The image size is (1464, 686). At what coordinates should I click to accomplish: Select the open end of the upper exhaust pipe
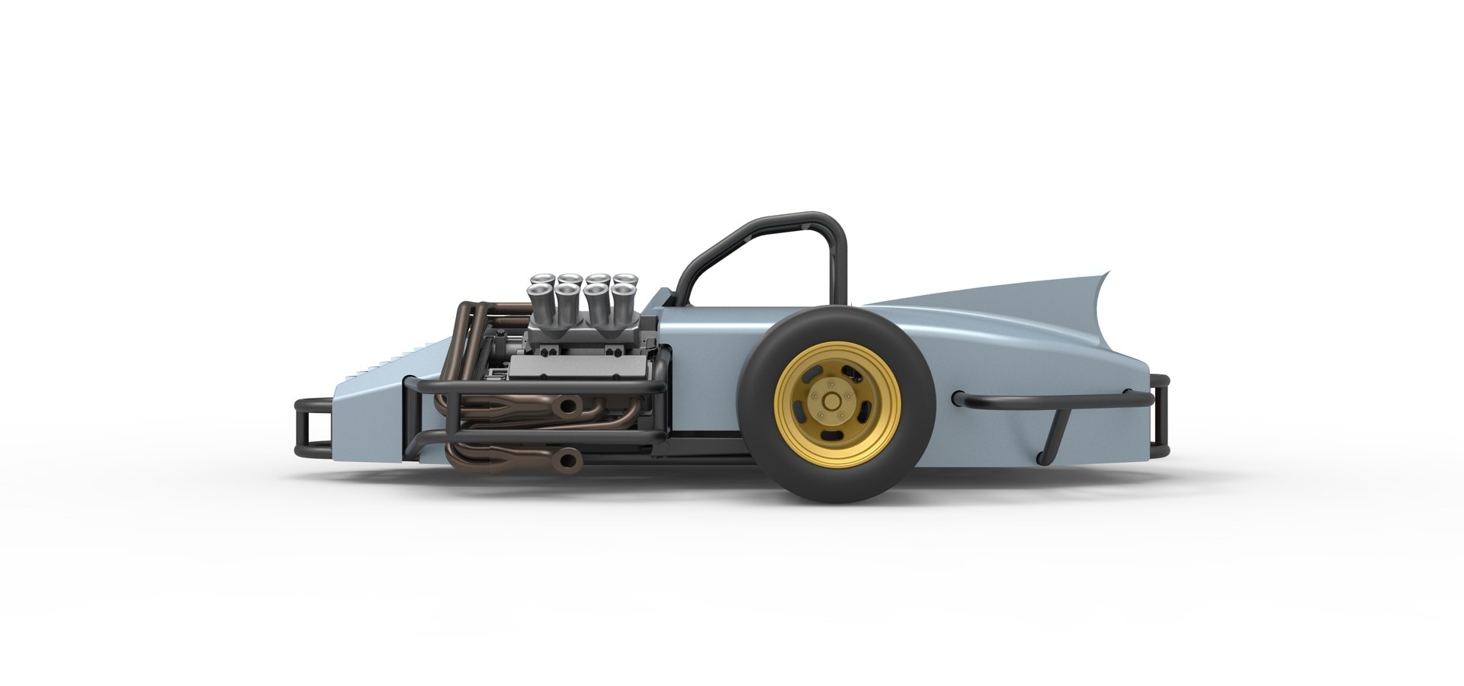pos(567,406)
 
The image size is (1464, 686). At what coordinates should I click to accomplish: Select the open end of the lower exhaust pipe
pos(567,457)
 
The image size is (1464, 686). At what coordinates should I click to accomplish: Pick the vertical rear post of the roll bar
pos(840,267)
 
